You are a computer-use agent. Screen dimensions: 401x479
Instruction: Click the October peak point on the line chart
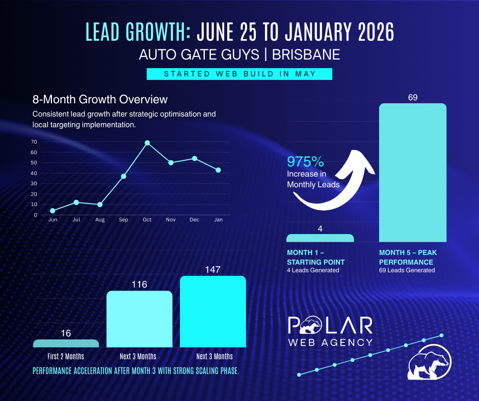(147, 143)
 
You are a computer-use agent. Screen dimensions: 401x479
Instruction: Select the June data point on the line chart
(52, 211)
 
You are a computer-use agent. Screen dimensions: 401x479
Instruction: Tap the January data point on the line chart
(218, 170)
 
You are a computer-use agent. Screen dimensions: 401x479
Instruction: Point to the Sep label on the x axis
(123, 220)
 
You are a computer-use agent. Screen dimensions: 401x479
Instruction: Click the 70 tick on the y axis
(35, 142)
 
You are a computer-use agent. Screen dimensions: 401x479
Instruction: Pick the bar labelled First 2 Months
(66, 343)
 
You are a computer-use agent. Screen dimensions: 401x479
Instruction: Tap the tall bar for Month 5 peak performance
(413, 173)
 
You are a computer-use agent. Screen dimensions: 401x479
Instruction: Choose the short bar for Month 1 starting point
(320, 238)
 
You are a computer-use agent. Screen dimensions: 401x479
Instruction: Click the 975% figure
(306, 162)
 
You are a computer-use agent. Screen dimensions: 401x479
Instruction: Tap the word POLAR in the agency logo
(330, 326)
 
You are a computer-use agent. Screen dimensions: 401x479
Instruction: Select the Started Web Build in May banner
(240, 74)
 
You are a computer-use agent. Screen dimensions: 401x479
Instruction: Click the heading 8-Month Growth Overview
(100, 99)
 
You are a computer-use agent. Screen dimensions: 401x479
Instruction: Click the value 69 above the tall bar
(413, 97)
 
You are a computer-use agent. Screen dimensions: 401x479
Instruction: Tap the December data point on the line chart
(195, 158)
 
